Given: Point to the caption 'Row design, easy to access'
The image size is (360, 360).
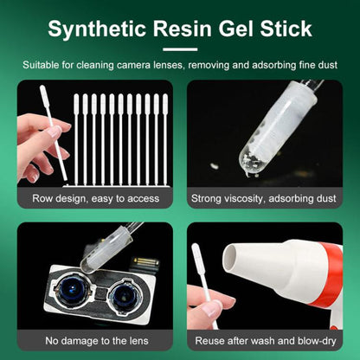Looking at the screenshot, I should pyautogui.click(x=95, y=198).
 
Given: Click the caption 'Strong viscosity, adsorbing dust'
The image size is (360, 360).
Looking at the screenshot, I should pyautogui.click(x=265, y=198).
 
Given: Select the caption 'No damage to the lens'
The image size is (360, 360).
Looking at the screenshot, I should pyautogui.click(x=95, y=342).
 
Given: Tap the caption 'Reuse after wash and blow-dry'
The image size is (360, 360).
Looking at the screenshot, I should pyautogui.click(x=265, y=342).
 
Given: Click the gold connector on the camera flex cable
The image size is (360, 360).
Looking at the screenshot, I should pyautogui.click(x=145, y=261).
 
